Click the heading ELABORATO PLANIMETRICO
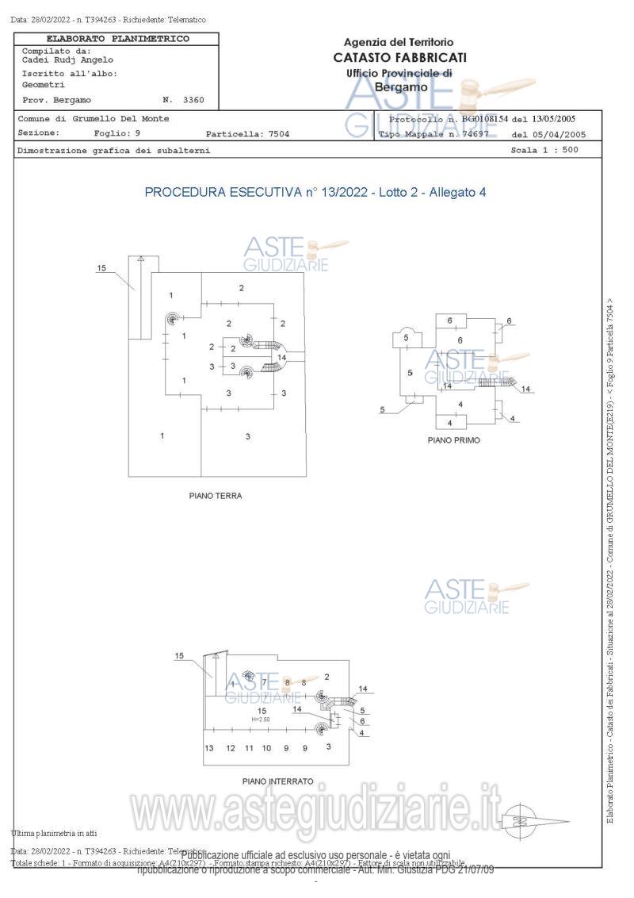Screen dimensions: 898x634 coord(118,38)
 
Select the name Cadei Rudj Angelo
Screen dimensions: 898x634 coord(67,59)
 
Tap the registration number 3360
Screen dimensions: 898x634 coord(193,100)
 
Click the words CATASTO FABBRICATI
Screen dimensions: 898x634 coord(399,57)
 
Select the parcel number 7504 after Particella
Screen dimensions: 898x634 coord(277,133)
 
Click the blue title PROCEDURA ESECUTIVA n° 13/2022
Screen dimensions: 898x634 coord(254,192)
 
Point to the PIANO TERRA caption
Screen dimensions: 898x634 coord(215,496)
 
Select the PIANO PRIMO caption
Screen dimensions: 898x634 coord(453,439)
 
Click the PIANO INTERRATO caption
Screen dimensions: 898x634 coord(277,781)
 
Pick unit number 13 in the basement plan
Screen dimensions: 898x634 coord(210,748)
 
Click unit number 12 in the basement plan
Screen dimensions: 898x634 coord(230,748)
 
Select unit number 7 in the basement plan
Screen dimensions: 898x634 coord(264,682)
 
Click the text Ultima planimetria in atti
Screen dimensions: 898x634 coord(54,833)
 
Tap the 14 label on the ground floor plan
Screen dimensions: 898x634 coord(281,357)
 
